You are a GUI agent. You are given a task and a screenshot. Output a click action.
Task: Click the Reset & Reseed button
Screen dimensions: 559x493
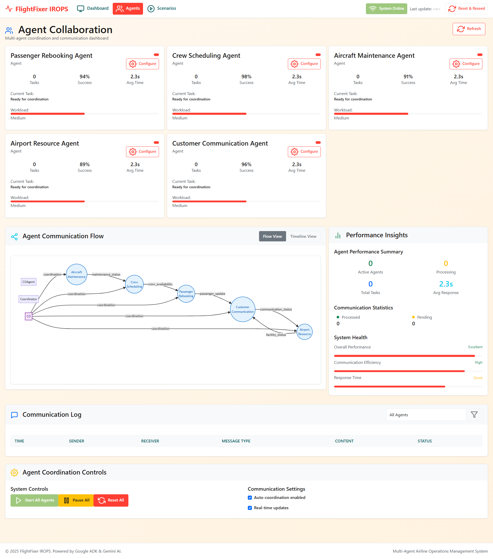point(467,9)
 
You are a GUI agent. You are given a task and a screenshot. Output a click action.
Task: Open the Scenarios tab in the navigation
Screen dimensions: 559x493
point(162,9)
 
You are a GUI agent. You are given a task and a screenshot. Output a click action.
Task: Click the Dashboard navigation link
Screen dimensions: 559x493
point(93,9)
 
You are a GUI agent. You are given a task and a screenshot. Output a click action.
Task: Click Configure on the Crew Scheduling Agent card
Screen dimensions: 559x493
point(304,64)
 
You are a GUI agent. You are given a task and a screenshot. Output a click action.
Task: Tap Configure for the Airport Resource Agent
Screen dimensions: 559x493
point(142,151)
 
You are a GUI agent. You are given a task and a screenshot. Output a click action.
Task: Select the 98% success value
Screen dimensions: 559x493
point(246,77)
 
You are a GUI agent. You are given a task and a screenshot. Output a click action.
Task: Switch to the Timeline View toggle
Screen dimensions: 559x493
point(303,236)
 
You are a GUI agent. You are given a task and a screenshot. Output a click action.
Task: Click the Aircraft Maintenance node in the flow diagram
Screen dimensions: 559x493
point(77,274)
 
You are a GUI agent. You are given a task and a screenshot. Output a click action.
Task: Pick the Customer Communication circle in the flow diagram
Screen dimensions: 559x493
point(243,309)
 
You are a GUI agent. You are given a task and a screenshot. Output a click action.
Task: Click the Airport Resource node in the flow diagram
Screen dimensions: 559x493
point(304,332)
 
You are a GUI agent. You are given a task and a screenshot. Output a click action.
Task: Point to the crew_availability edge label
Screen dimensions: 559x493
point(160,284)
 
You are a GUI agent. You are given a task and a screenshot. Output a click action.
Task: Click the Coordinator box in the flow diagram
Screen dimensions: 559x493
point(29,299)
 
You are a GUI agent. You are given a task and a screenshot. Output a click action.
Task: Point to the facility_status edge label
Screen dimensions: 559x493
point(276,335)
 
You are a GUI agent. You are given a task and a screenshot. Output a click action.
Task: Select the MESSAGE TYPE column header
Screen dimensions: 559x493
point(236,441)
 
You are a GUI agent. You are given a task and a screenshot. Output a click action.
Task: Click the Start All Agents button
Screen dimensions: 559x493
point(34,500)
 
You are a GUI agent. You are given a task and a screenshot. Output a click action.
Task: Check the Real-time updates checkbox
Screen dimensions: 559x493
point(250,508)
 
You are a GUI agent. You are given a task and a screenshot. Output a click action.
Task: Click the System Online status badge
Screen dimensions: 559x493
point(386,9)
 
